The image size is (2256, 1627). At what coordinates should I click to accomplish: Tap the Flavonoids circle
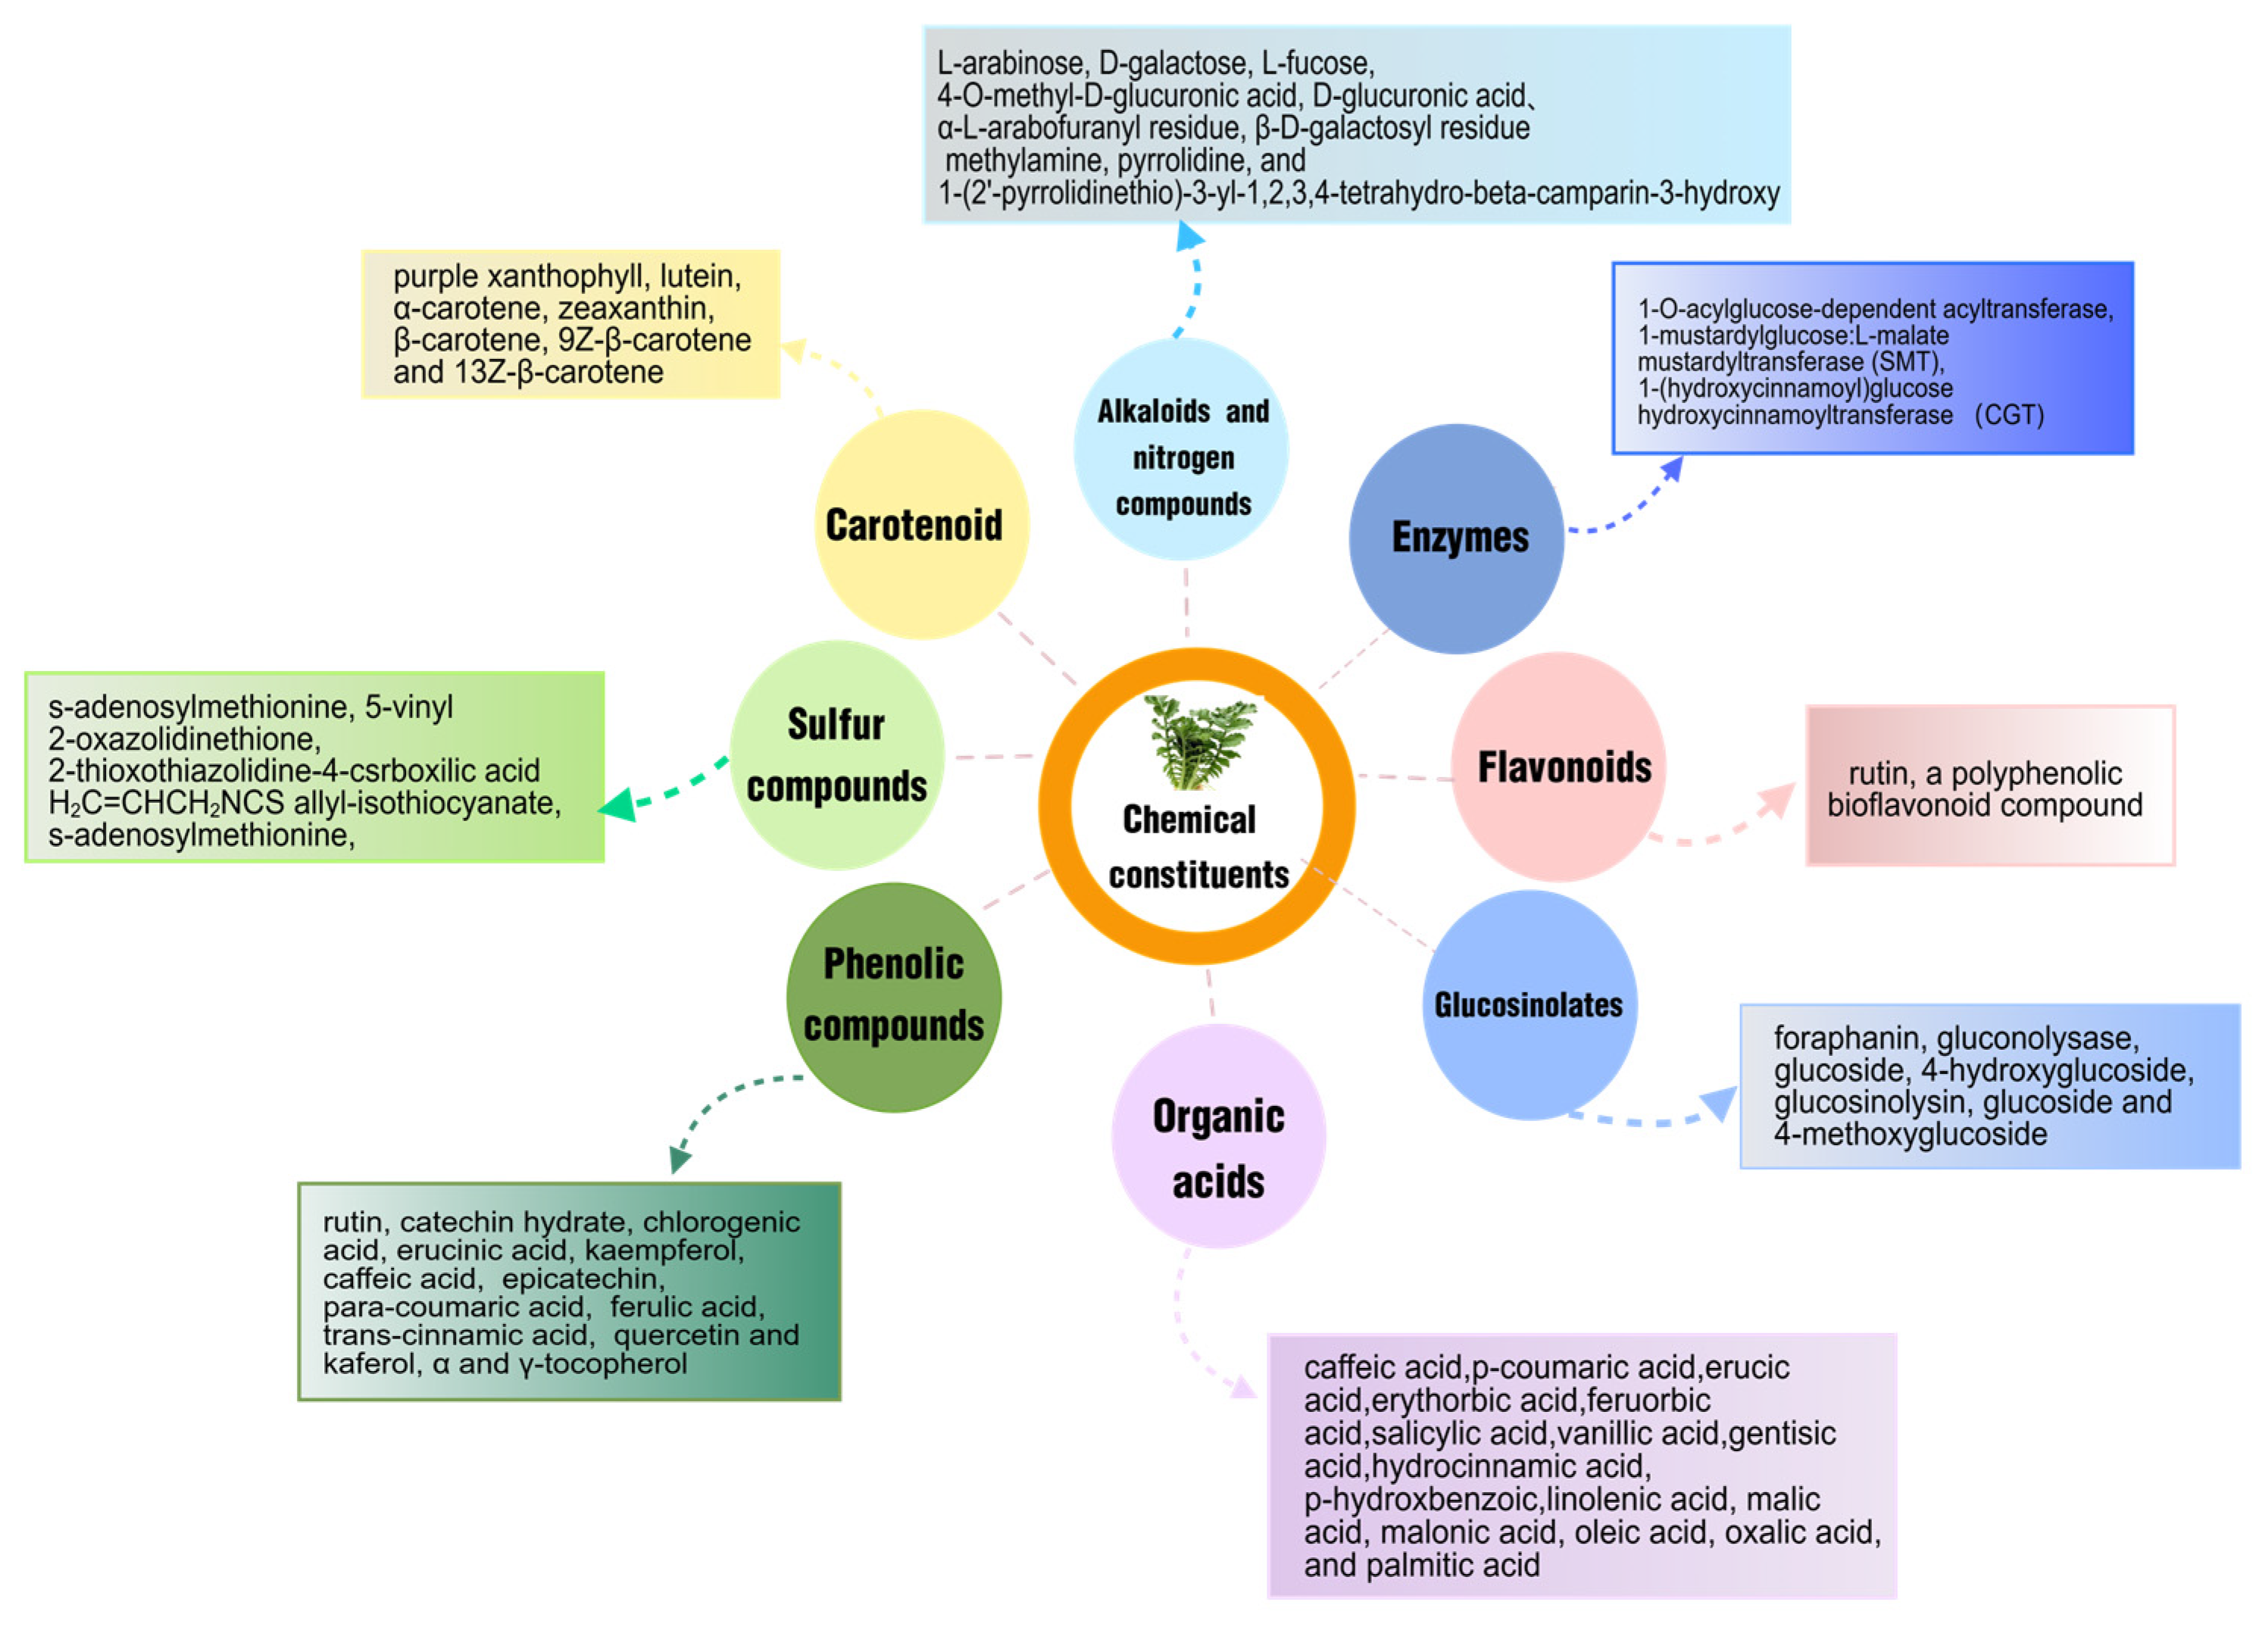coord(1559,767)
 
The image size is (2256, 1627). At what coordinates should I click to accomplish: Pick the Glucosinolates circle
coord(1529,1004)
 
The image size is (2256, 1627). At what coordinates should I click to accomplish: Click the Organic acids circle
coord(1217,1135)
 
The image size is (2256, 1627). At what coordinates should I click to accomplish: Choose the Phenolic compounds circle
coord(893,997)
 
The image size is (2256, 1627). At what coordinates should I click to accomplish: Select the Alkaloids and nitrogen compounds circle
coord(1182,449)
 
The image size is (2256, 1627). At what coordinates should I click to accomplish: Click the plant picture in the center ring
coord(1198,741)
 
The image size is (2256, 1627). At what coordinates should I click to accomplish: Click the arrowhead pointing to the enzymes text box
coord(1674,467)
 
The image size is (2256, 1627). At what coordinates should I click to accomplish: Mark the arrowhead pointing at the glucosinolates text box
coord(1721,1102)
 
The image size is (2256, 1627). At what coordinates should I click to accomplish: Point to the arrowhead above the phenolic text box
coord(680,1160)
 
